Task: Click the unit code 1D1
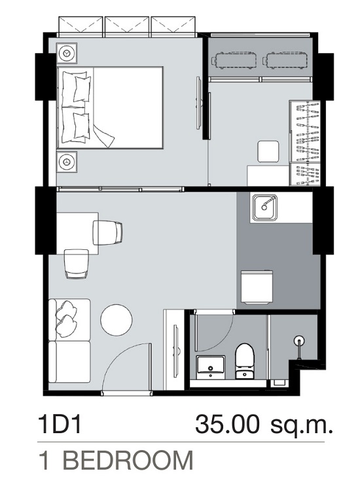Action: click(60, 425)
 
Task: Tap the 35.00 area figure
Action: click(227, 425)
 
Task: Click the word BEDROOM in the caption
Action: click(128, 461)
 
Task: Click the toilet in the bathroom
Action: click(245, 361)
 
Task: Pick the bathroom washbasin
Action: click(210, 367)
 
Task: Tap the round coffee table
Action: click(116, 320)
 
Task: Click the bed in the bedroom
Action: click(110, 107)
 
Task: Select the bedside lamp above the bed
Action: click(67, 53)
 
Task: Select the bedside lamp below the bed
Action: click(67, 162)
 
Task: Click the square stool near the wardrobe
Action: click(268, 151)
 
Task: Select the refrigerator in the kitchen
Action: click(257, 287)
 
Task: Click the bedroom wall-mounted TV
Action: click(199, 103)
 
